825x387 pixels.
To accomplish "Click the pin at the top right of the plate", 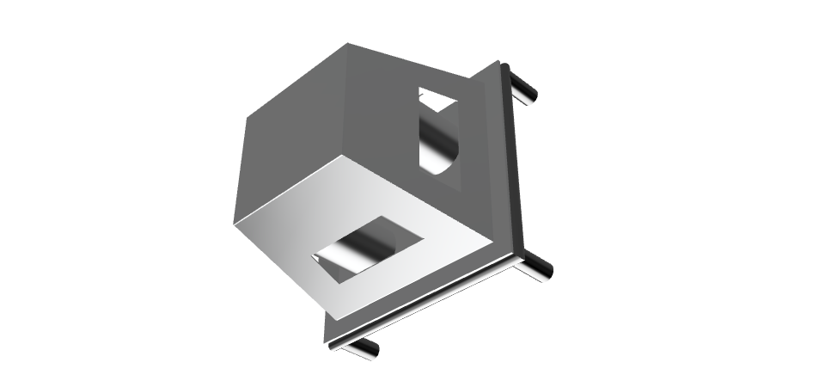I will pos(522,86).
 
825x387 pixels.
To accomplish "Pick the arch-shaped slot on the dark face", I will pos(437,133).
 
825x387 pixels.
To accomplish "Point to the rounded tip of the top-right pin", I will pos(533,95).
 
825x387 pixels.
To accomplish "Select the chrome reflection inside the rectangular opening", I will pos(361,251).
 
